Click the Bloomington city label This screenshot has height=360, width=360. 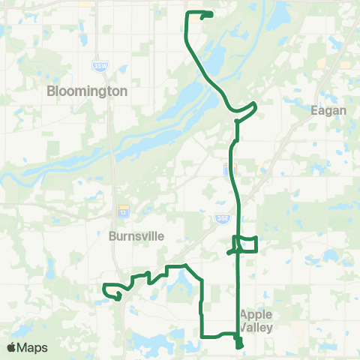(87, 91)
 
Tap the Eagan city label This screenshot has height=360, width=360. (328, 110)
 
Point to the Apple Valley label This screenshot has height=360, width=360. (256, 320)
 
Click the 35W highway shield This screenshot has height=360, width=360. (100, 66)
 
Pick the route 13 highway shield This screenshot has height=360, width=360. (122, 211)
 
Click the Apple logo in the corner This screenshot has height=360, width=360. (11, 347)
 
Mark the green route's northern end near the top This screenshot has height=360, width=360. (211, 14)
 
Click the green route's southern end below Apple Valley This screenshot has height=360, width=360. (239, 346)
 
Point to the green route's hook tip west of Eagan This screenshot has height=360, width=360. (256, 103)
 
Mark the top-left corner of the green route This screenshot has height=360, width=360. (186, 13)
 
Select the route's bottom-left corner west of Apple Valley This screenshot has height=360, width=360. (202, 334)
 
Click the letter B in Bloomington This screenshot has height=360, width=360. (51, 91)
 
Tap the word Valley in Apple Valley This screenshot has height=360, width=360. (256, 328)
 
